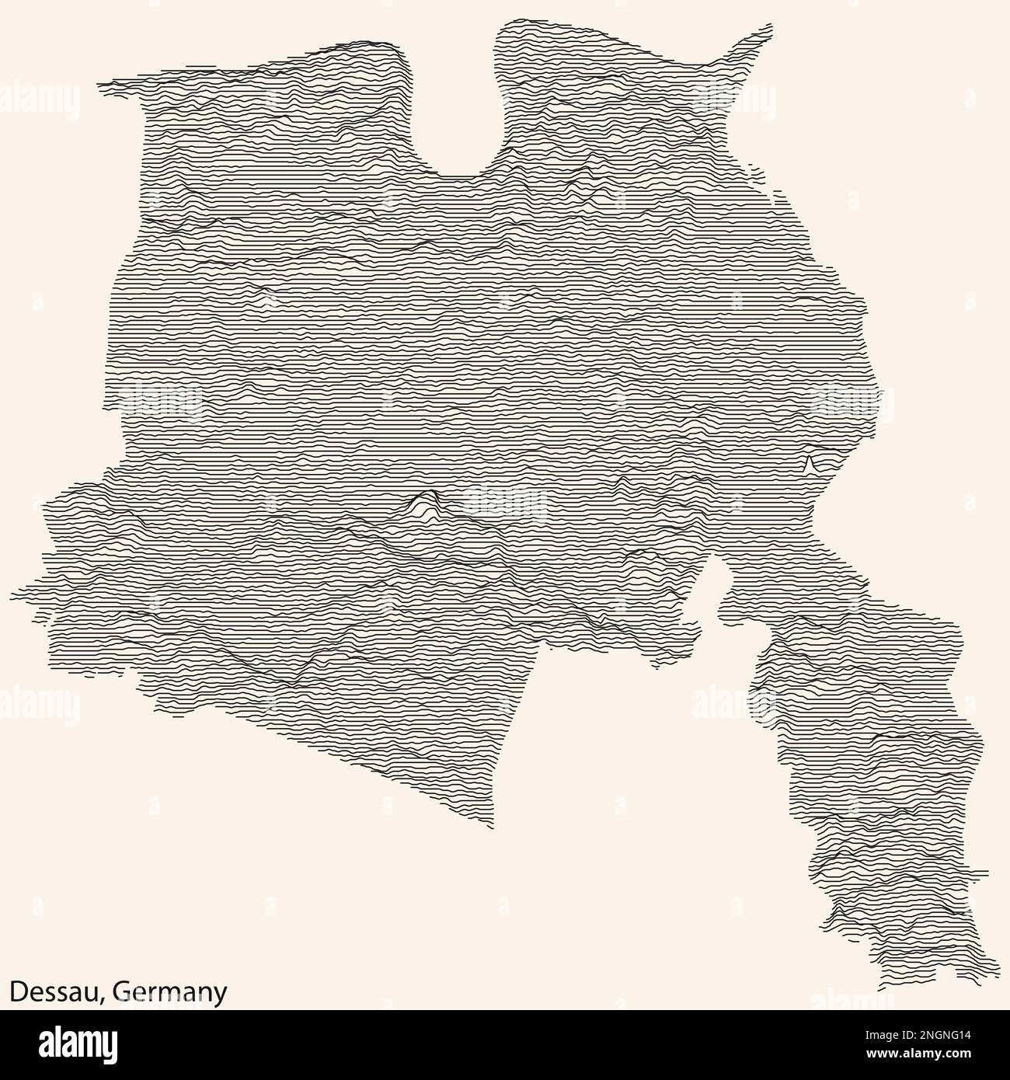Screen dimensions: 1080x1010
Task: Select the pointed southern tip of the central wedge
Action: tap(491, 827)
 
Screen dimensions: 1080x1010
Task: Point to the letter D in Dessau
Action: tap(16, 992)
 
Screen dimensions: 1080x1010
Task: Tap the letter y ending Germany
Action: tap(221, 995)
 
